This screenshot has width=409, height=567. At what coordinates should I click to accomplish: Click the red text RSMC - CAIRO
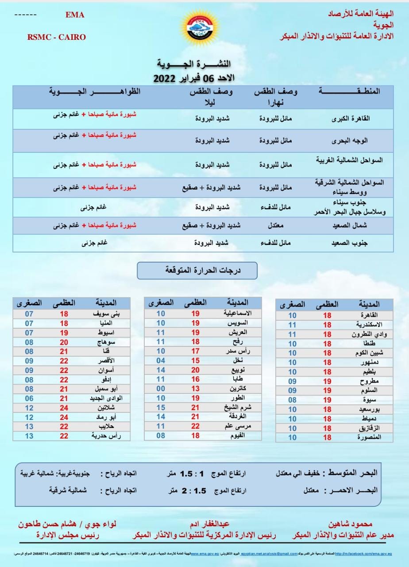pos(56,37)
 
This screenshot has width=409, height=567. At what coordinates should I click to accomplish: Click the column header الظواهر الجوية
pos(95,92)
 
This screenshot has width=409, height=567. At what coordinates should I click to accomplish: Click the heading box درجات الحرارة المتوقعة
pos(197,270)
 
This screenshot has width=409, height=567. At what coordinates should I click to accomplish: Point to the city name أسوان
pos(107,370)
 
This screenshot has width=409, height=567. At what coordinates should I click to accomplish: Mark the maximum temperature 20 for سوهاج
pos(64,342)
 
